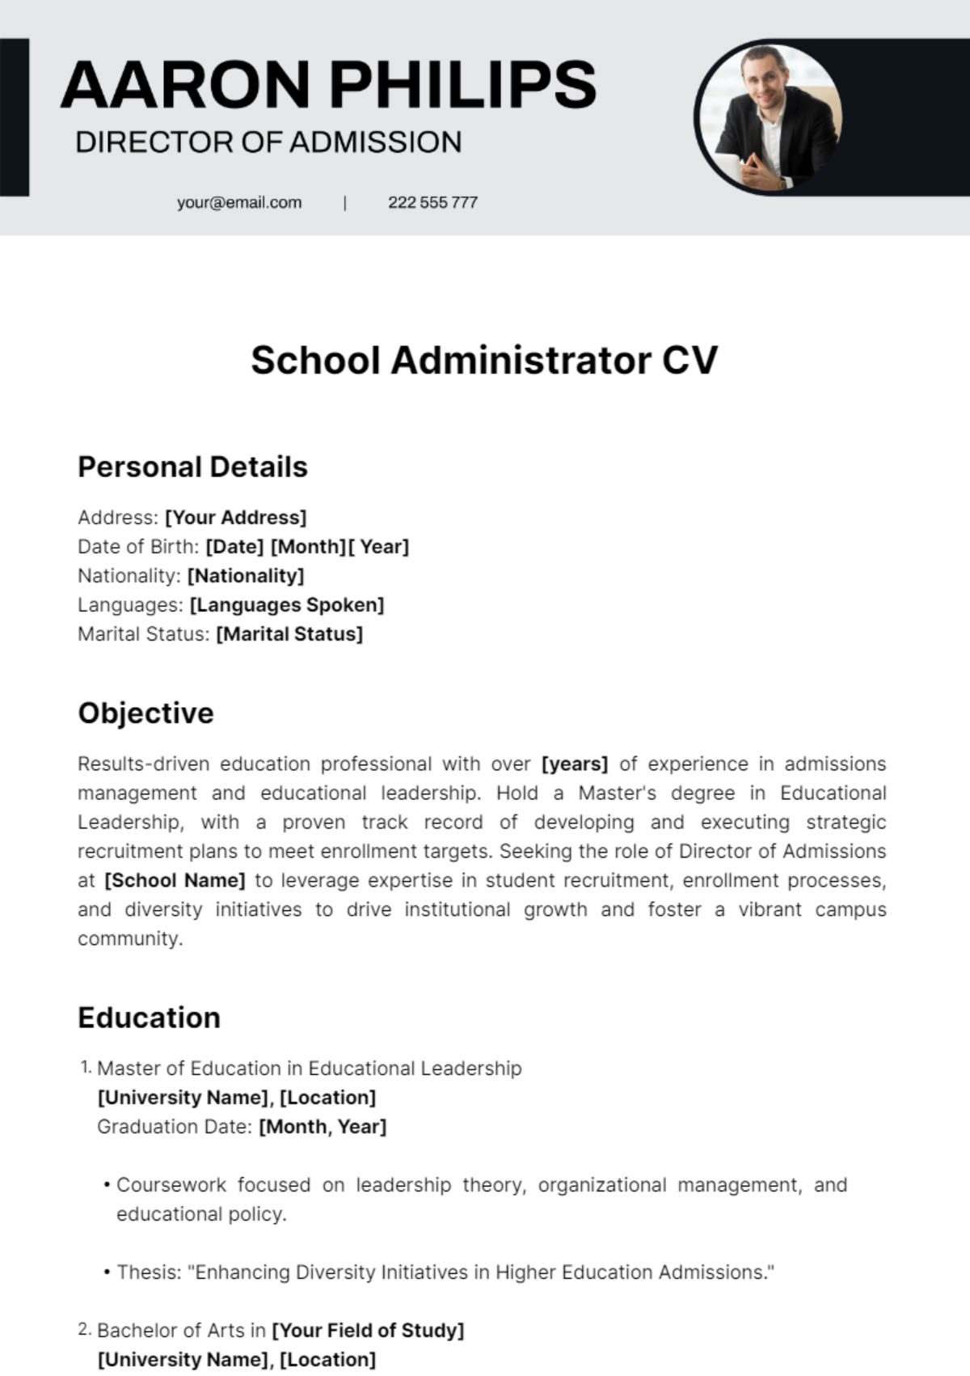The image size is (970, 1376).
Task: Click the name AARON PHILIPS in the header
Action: pyautogui.click(x=328, y=84)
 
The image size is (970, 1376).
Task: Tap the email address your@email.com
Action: pyautogui.click(x=239, y=202)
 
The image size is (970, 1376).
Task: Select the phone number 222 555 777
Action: pyautogui.click(x=432, y=202)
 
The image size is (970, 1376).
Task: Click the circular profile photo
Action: pyautogui.click(x=769, y=117)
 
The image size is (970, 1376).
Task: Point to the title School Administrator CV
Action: pyautogui.click(x=484, y=360)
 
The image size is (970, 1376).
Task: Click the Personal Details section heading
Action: pyautogui.click(x=192, y=467)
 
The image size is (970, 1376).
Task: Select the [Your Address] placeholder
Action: pyautogui.click(x=236, y=517)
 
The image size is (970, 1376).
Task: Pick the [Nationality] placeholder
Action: pyautogui.click(x=246, y=575)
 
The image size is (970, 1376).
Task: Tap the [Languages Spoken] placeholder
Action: pyautogui.click(x=287, y=604)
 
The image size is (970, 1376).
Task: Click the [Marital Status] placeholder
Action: pyautogui.click(x=289, y=633)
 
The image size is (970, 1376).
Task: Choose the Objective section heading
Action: pyautogui.click(x=145, y=713)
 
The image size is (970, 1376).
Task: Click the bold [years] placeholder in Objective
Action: pyautogui.click(x=574, y=764)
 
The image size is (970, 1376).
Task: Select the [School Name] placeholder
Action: pyautogui.click(x=175, y=880)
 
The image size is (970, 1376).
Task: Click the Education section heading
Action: pyautogui.click(x=149, y=1017)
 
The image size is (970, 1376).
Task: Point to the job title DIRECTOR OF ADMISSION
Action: pyautogui.click(x=268, y=142)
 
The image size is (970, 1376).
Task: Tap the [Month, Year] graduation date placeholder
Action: pyautogui.click(x=323, y=1126)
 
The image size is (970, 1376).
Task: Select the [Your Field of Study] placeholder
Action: pyautogui.click(x=368, y=1330)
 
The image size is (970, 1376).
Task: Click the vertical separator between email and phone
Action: pyautogui.click(x=345, y=202)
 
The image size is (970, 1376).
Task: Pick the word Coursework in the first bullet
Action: pyautogui.click(x=171, y=1184)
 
